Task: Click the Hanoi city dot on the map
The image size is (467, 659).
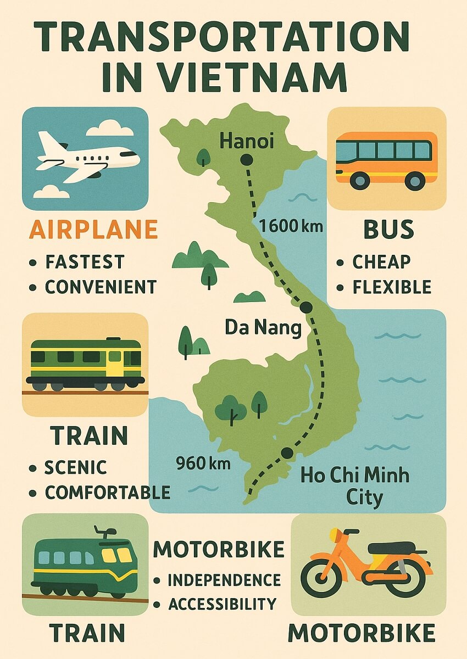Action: [246, 160]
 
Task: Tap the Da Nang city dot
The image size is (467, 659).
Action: [306, 306]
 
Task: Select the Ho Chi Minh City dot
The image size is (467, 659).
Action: [287, 453]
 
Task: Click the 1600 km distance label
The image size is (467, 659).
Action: [291, 225]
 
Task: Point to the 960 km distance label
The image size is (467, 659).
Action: [203, 463]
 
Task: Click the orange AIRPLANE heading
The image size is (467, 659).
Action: [93, 230]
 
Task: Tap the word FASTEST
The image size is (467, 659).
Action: [85, 261]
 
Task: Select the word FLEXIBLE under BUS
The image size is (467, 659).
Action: [392, 287]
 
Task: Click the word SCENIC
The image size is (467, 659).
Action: [76, 468]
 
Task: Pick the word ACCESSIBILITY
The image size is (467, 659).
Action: [222, 604]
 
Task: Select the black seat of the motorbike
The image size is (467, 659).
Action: [391, 548]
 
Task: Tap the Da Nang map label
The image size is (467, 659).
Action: [263, 328]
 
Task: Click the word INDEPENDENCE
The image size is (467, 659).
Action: [224, 580]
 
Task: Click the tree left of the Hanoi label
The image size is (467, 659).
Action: [203, 157]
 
